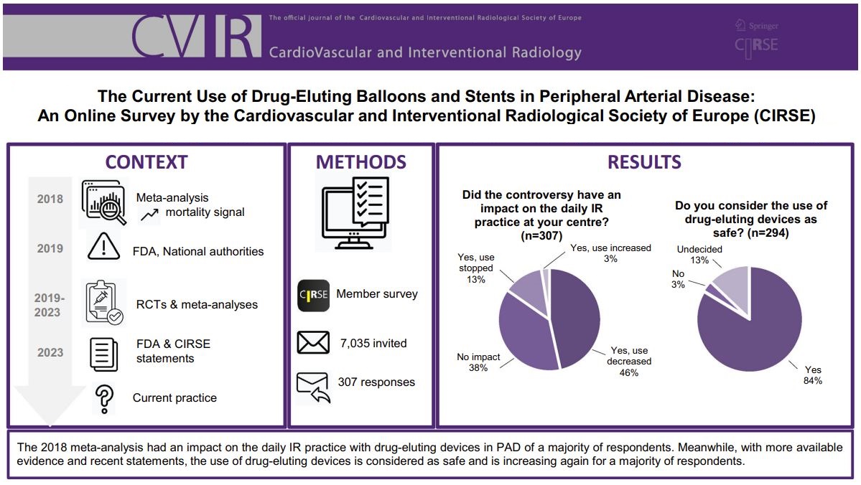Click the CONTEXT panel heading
click(x=146, y=162)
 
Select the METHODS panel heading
click(x=361, y=162)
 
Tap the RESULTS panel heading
click(x=644, y=162)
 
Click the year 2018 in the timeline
click(x=50, y=199)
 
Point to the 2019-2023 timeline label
click(x=50, y=305)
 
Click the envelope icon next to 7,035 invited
click(x=313, y=343)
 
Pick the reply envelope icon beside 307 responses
click(x=314, y=385)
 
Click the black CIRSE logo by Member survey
click(x=313, y=295)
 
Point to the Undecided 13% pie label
click(x=699, y=254)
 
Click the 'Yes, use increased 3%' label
click(x=610, y=253)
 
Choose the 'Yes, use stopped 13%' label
click(x=476, y=268)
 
